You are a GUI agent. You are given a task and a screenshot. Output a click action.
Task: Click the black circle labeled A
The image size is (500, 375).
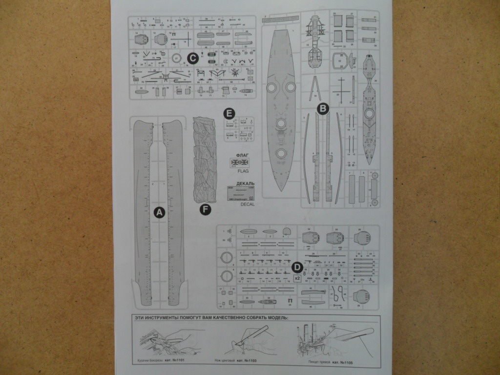pyautogui.click(x=159, y=212)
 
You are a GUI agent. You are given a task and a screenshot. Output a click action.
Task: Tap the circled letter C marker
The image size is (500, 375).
pyautogui.click(x=192, y=59)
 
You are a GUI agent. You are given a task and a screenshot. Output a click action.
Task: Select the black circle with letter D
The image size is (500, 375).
pyautogui.click(x=296, y=267)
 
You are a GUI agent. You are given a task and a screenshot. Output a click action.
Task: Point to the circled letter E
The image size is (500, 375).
pyautogui.click(x=229, y=113)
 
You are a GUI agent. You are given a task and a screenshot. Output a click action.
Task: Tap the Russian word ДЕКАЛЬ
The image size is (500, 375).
pyautogui.click(x=245, y=184)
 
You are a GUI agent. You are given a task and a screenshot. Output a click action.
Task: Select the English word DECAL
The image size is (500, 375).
pyautogui.click(x=248, y=205)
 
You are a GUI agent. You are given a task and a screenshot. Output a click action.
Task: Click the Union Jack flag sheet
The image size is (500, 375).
pyautogui.click(x=239, y=163)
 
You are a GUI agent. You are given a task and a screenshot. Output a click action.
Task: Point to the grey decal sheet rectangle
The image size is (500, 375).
pyautogui.click(x=241, y=194)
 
